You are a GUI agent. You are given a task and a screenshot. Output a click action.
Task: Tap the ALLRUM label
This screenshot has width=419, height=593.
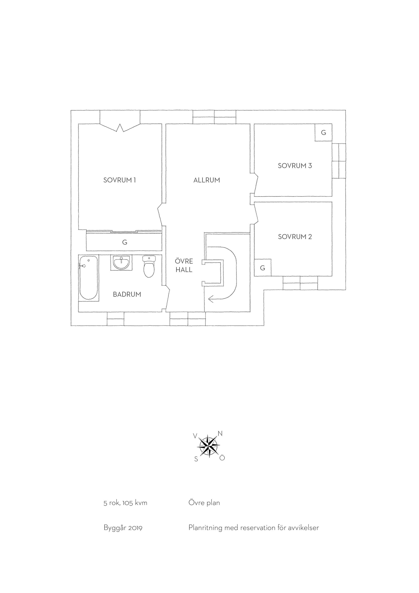[207, 180]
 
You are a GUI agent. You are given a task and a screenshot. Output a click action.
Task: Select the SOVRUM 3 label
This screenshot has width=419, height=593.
[295, 166]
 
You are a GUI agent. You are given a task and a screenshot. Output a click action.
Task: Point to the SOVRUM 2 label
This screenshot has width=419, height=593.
[295, 237]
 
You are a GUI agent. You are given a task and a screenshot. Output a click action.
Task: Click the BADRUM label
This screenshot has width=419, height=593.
[127, 294]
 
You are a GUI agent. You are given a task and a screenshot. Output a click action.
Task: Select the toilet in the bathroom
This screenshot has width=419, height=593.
[149, 266]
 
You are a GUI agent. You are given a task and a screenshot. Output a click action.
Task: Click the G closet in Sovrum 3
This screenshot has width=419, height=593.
[323, 133]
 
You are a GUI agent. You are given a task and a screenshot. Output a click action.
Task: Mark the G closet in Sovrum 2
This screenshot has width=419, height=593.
[263, 268]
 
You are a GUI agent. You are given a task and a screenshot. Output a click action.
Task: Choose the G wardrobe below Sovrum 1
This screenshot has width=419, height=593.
[124, 242]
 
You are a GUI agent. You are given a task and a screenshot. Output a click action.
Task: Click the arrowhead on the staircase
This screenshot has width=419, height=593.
[211, 299]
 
